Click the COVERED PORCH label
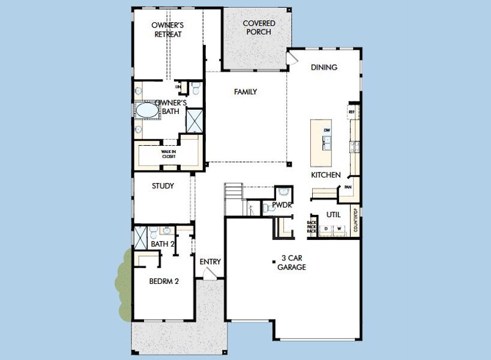click(259, 28)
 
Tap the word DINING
click(324, 67)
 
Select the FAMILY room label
click(245, 92)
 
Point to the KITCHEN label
click(325, 175)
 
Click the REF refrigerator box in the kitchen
click(352, 111)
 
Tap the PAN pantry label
click(348, 187)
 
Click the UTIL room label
click(334, 214)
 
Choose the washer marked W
click(339, 229)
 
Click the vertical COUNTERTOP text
click(355, 220)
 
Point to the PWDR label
click(281, 205)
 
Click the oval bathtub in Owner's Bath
click(145, 111)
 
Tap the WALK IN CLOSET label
click(169, 154)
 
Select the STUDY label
click(163, 186)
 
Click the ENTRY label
click(210, 262)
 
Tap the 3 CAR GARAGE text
click(291, 263)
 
